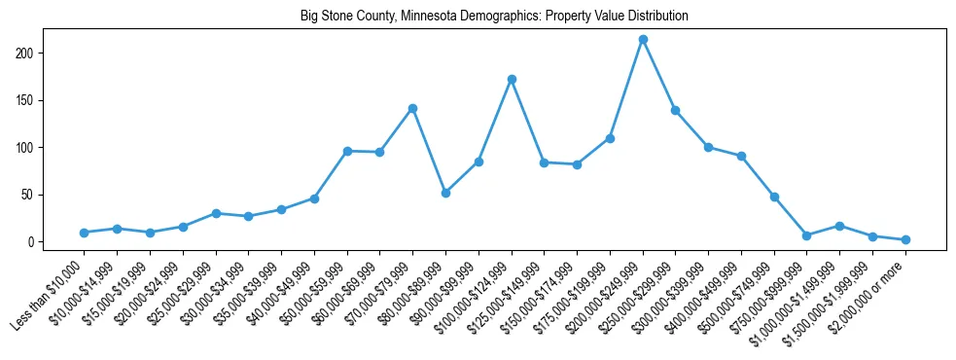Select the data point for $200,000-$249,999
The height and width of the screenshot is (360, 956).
[x=643, y=39]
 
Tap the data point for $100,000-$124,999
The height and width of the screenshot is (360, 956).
[x=512, y=79]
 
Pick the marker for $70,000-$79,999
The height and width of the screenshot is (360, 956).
[x=412, y=108]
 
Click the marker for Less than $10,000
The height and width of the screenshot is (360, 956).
[x=85, y=233]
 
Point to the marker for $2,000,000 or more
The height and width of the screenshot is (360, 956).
[x=905, y=239]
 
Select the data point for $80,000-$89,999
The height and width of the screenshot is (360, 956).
[x=445, y=193]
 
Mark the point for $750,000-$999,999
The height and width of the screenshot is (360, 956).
[x=806, y=235]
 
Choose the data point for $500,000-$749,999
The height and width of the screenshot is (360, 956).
[x=774, y=197]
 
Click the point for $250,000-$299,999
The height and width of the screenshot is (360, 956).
[x=675, y=110]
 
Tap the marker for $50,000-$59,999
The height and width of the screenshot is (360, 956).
[x=347, y=151]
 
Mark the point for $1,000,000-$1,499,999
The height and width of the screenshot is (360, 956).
[x=839, y=226]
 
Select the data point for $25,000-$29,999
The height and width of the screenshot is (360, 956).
[x=216, y=213]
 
